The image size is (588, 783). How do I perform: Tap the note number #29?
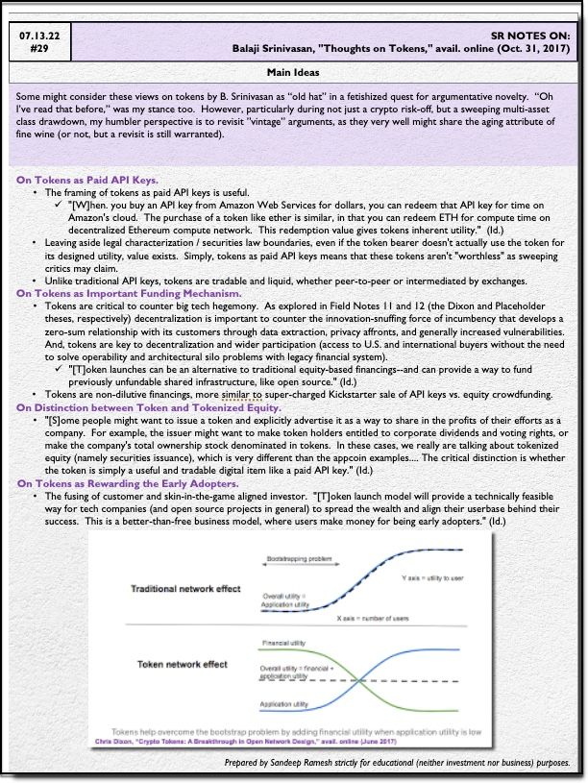(38, 48)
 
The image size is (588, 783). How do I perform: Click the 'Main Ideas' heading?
(294, 73)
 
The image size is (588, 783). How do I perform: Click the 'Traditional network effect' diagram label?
(184, 588)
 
